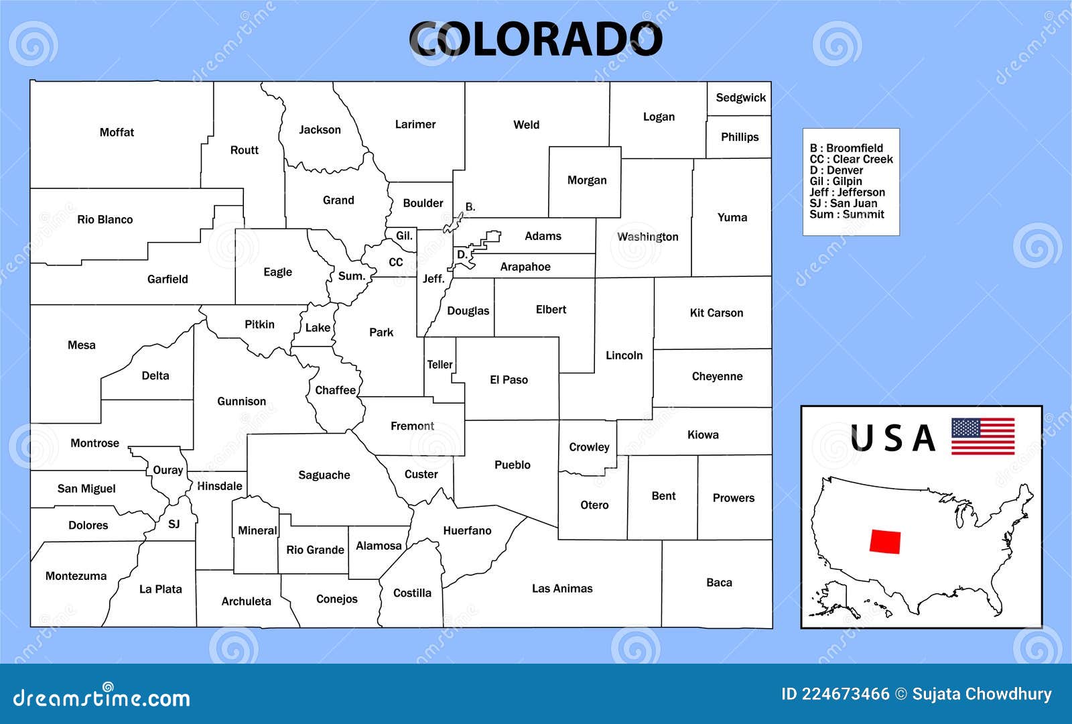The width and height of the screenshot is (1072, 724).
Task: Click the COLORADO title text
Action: coord(535,40)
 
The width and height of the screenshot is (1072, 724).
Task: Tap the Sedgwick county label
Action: coord(740,98)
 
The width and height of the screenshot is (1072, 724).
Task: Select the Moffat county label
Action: coord(117,133)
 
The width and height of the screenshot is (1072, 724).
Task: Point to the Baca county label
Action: coord(719,583)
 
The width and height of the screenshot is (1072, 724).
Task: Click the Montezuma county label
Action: coord(76,576)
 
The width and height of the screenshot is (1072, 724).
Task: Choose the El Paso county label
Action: coord(509,380)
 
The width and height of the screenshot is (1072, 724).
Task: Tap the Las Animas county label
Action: coord(562,589)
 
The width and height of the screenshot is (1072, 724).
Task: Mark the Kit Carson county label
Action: coord(716,313)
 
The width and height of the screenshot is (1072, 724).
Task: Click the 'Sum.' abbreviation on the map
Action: coord(351,276)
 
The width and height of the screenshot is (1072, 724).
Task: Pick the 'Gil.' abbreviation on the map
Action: coord(404,236)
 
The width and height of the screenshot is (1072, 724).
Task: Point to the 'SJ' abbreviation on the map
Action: coord(174,524)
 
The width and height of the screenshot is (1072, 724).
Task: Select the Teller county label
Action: coord(440,365)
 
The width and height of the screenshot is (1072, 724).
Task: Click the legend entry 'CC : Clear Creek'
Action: coord(851,160)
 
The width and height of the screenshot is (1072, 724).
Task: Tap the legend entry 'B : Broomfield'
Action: coord(846,148)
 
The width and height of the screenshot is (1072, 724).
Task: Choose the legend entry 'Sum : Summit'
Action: coord(846,215)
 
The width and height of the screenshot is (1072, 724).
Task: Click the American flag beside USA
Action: coord(983,436)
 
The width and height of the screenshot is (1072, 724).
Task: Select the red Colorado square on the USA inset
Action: coord(884,541)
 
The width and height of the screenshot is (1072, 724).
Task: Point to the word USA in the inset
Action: coord(892,438)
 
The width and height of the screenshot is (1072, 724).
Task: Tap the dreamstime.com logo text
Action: coord(102,698)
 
